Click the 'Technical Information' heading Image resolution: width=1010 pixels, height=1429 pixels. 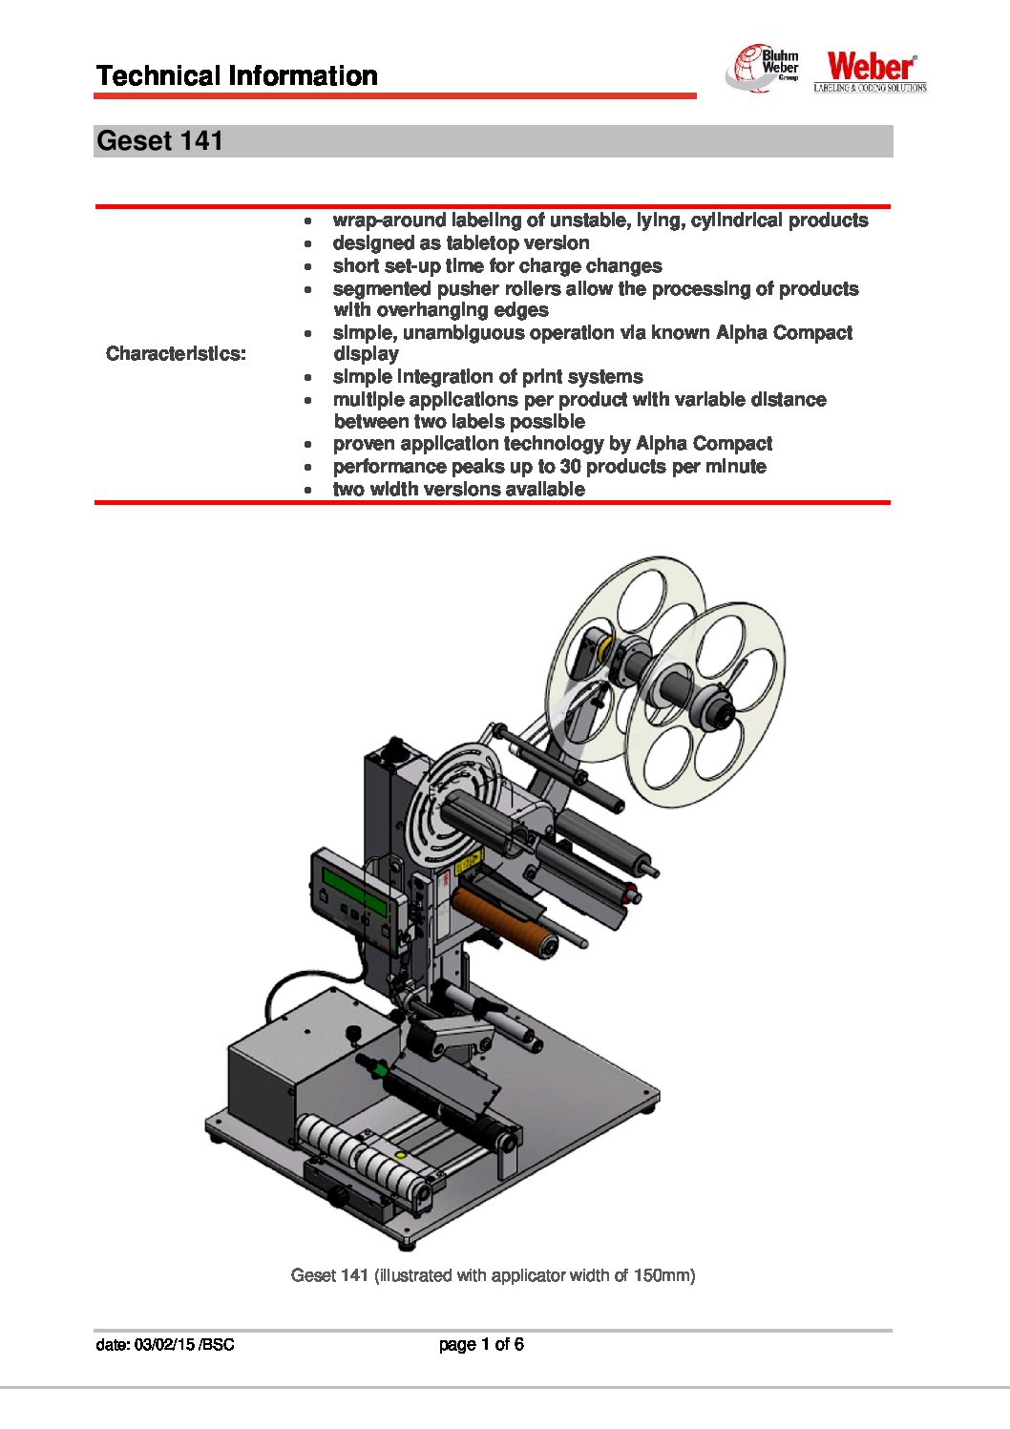tap(237, 76)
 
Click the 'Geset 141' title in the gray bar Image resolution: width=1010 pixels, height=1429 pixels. tap(160, 141)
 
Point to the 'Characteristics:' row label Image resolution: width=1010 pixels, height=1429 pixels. tap(176, 354)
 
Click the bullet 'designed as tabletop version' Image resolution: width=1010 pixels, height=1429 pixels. tap(460, 243)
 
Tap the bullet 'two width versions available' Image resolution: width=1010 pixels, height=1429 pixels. tap(458, 490)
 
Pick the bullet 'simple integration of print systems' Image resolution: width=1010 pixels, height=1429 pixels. tap(487, 377)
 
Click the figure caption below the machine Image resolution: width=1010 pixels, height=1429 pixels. tap(493, 1275)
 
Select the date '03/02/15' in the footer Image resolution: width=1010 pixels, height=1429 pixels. tap(165, 1345)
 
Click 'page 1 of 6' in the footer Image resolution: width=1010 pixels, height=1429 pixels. tap(481, 1345)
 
